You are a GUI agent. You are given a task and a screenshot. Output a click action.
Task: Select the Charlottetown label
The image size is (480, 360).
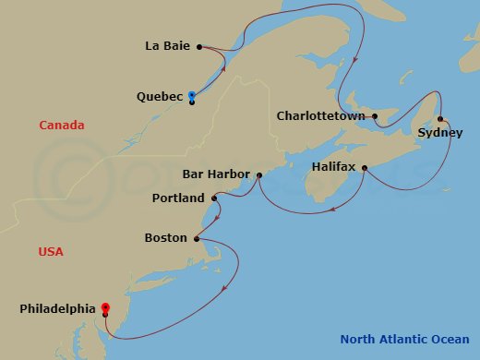tap(322, 116)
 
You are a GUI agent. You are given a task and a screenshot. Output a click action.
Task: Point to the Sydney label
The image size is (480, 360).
tap(437, 133)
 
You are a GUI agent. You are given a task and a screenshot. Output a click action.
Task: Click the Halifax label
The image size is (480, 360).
tap(332, 168)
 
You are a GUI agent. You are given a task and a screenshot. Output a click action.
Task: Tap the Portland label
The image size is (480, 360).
tap(177, 198)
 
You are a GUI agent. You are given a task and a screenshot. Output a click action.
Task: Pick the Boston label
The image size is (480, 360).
tap(166, 238)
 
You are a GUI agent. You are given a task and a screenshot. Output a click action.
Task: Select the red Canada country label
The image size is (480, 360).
tap(61, 125)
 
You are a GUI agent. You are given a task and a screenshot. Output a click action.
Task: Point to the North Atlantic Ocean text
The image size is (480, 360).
tap(402, 339)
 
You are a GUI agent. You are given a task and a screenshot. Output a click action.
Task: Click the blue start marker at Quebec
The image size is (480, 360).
tap(191, 95)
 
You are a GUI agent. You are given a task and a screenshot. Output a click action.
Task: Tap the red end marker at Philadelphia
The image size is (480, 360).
tap(105, 307)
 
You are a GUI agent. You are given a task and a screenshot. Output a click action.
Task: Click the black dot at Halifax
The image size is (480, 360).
tap(365, 168)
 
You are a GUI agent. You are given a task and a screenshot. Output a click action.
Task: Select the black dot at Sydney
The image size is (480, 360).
tap(440, 118)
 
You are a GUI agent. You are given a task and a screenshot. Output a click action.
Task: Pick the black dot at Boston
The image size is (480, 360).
tap(197, 238)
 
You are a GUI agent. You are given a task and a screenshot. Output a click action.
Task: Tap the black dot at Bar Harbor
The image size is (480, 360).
tap(259, 174)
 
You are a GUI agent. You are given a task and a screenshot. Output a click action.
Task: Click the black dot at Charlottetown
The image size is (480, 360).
tap(375, 116)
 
